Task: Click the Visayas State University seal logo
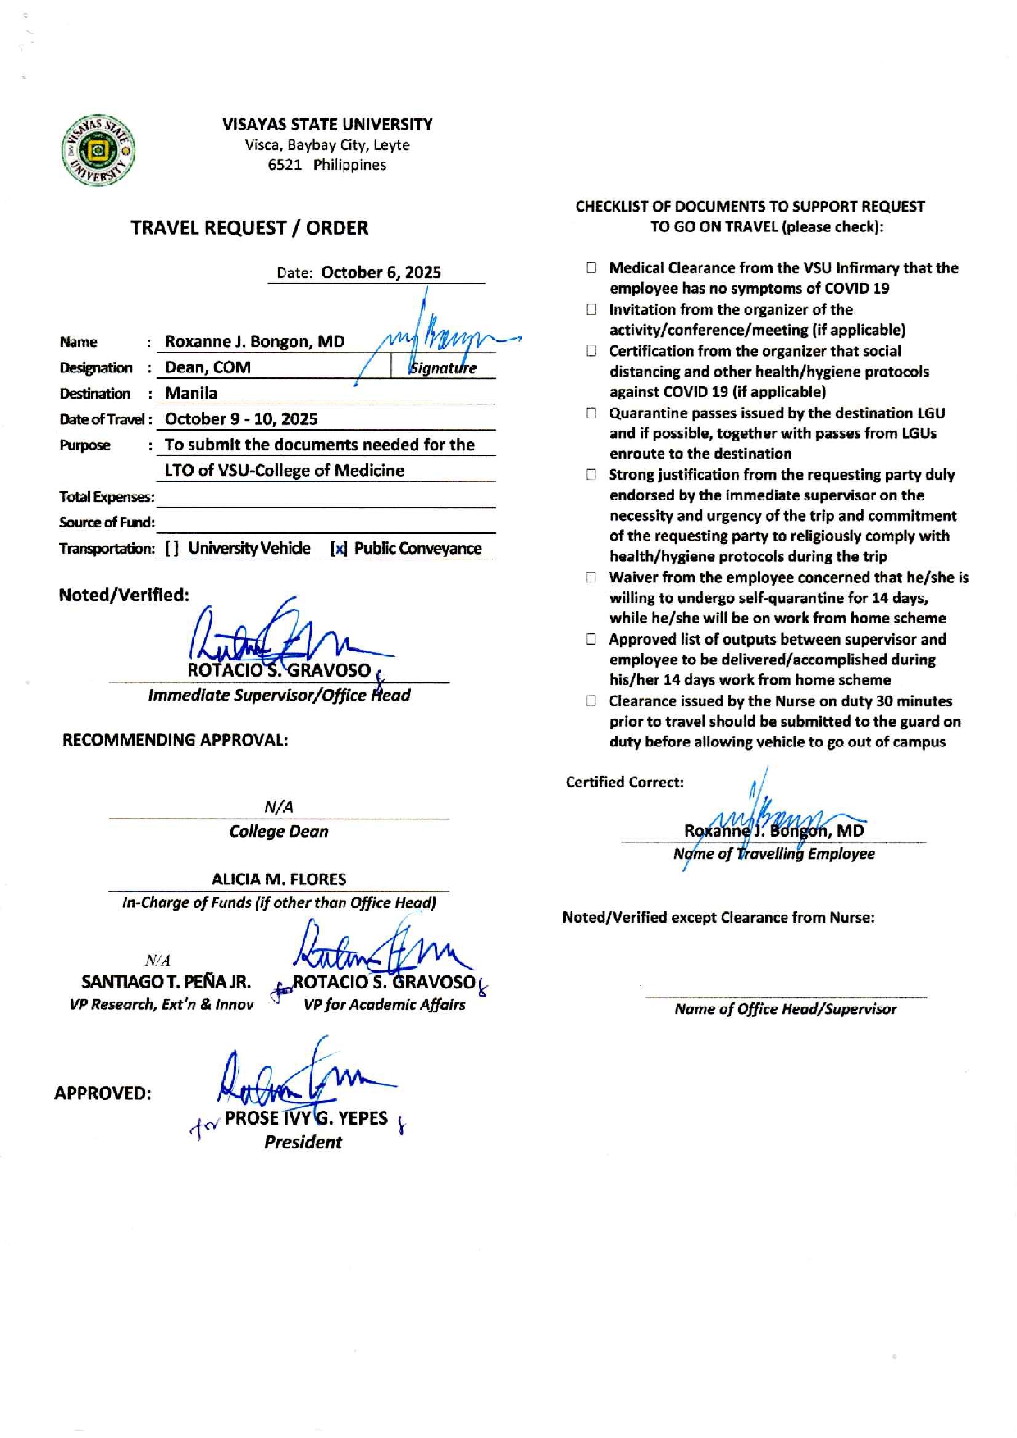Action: (98, 151)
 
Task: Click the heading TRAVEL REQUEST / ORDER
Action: (249, 228)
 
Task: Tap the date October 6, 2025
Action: (381, 272)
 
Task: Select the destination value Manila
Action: (191, 393)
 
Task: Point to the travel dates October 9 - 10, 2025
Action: (241, 419)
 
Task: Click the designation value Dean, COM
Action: (208, 367)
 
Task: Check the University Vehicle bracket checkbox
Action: (172, 549)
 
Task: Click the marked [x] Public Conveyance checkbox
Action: (339, 549)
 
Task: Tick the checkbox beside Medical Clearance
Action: (591, 267)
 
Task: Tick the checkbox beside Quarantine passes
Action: (591, 413)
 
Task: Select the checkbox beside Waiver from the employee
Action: (591, 577)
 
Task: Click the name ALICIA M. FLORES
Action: (279, 879)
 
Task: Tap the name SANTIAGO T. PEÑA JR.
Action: (166, 982)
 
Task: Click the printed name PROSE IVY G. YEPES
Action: (306, 1118)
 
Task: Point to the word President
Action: (303, 1142)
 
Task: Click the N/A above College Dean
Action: (279, 807)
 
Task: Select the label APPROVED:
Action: (103, 1093)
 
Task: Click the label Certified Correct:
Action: (624, 783)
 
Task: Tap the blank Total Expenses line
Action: (326, 497)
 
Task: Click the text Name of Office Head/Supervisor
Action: (785, 1009)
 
